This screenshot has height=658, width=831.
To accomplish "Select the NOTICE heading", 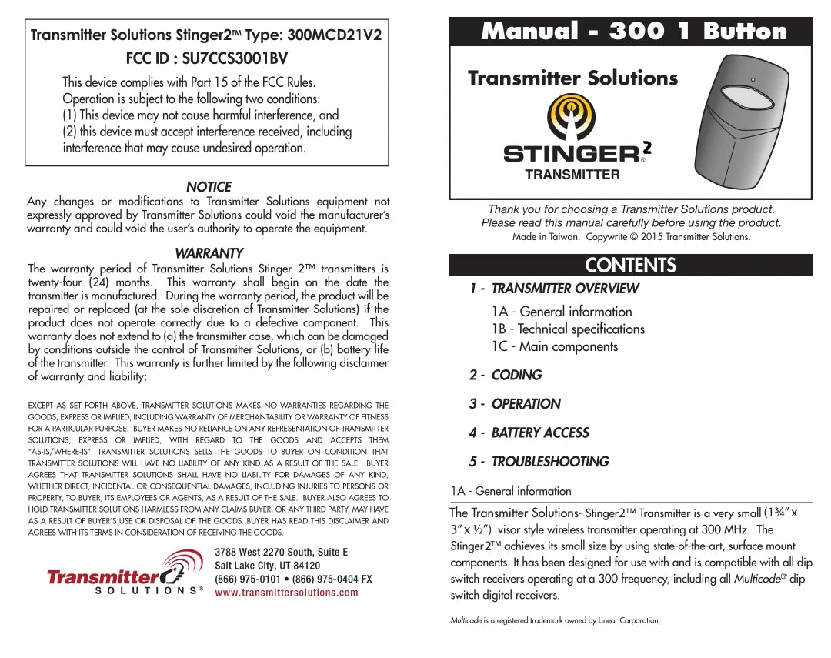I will coord(208,187).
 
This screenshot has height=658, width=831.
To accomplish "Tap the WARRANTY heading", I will coord(209,253).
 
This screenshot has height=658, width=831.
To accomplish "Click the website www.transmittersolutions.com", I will coord(286,593).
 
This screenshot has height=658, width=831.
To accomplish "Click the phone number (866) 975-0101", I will coord(248,579).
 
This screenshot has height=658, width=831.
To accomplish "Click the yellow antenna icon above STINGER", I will coord(570,116).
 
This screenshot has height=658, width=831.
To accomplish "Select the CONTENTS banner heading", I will coord(630,266).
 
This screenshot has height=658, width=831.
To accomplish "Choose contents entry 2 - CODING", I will coord(506,375).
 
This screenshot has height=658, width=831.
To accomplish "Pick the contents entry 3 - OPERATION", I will coord(515,404).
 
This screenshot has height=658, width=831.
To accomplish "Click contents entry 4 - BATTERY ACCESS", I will coord(529,433).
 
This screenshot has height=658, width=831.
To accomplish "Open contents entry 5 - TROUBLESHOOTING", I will coord(539,462).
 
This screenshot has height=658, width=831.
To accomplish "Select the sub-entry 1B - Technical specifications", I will coord(568,329).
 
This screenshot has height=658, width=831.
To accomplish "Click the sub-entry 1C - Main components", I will coord(555,346).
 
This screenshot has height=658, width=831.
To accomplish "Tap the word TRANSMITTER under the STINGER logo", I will coord(572,175).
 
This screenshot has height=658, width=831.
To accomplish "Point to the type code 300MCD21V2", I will coord(333,35).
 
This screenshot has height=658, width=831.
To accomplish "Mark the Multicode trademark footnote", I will coord(555,620).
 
